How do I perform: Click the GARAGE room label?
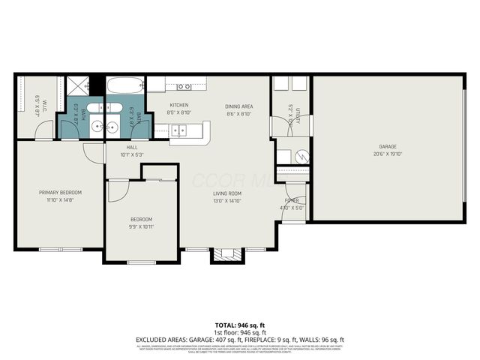pos(387,146)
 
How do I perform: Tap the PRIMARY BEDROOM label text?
pos(60,193)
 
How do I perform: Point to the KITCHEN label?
pos(178,106)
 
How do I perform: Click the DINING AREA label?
pos(239,106)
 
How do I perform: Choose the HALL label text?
pos(131,148)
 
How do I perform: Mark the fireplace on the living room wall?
pos(225,255)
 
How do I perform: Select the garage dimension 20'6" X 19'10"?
pos(387,154)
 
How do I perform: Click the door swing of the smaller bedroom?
pos(116,191)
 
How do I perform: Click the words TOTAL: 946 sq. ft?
pos(239,324)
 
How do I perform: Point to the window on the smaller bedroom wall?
pos(141,262)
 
